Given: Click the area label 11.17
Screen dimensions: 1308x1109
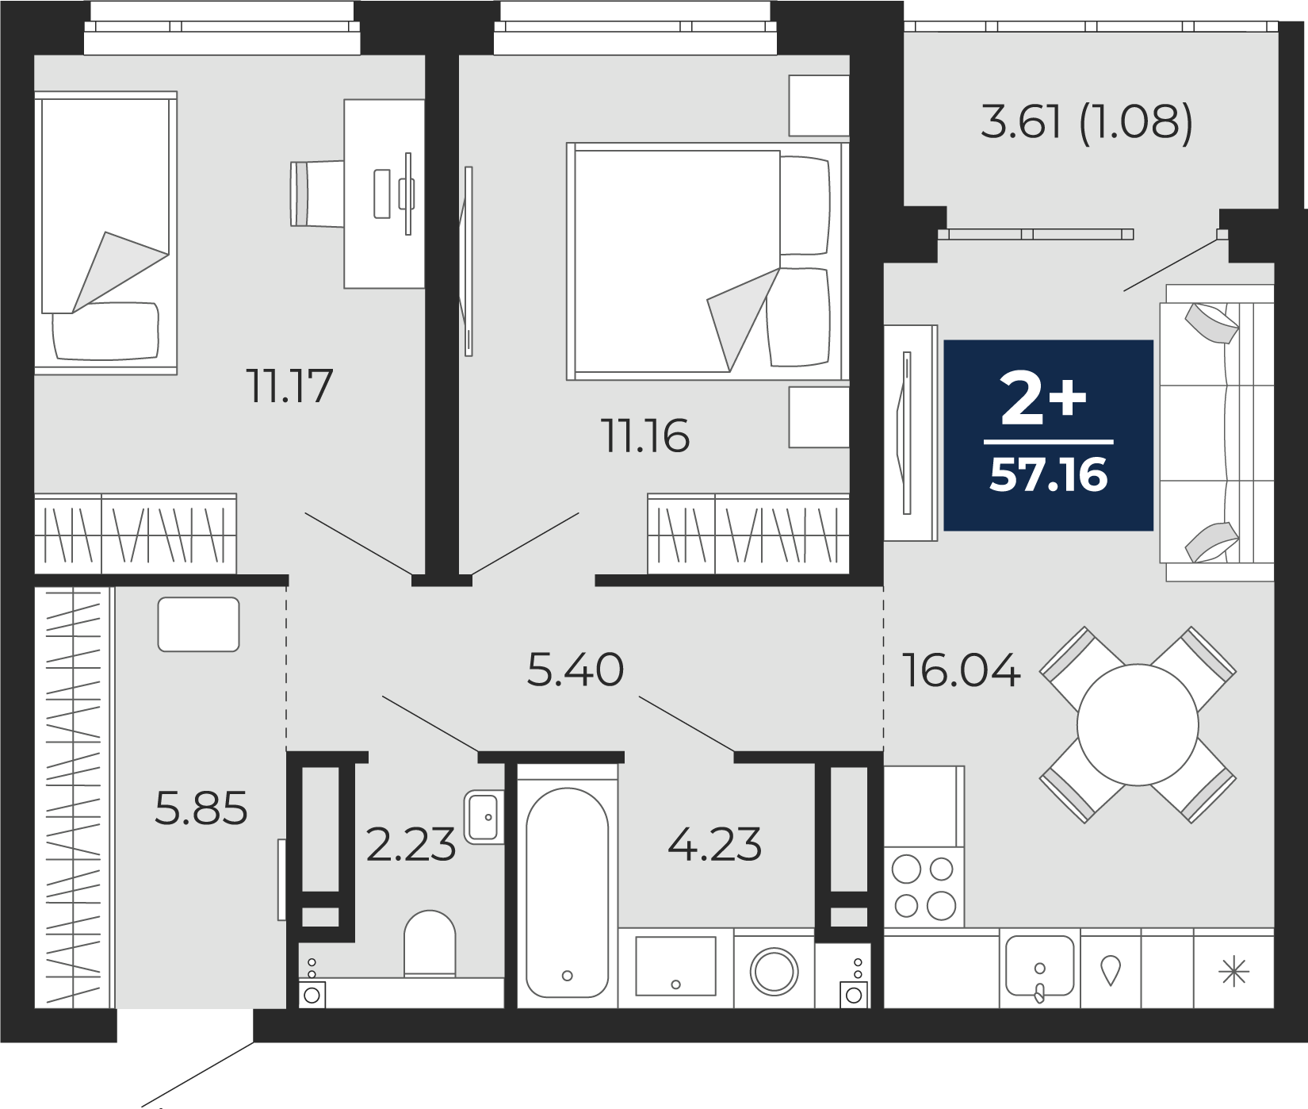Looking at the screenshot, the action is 289,386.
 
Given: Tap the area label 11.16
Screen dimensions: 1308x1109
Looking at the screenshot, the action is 646,436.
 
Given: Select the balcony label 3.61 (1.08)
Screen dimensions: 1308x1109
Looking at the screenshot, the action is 1087,124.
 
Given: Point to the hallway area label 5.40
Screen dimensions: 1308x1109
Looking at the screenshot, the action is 576,670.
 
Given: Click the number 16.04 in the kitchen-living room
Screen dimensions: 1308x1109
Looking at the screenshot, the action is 962,671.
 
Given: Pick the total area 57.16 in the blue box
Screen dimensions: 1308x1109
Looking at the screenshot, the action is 1049,475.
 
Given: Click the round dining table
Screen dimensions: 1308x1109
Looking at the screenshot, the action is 1138,725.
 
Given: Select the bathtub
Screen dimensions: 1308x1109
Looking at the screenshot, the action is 567,892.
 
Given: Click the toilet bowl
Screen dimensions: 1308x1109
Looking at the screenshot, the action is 430,943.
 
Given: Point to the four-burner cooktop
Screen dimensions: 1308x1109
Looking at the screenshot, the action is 924,887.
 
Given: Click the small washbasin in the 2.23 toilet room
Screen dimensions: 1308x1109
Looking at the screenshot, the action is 484,817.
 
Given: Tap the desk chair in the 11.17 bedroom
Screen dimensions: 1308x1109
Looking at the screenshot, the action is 317,194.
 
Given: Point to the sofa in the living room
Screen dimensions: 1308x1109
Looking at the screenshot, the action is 1217,433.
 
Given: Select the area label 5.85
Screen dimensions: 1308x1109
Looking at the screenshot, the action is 201,808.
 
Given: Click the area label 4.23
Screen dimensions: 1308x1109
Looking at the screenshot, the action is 715,845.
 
